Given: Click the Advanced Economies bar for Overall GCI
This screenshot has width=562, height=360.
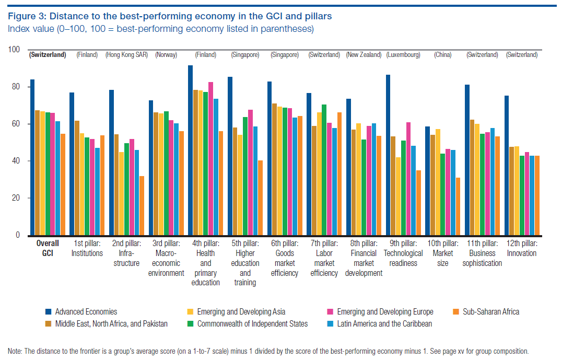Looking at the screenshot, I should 32,157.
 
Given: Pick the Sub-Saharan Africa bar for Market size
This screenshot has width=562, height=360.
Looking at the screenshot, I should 458,206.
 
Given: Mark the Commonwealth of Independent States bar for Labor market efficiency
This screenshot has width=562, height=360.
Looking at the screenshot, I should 324,170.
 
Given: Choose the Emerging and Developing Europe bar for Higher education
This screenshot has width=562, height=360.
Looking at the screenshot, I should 250,172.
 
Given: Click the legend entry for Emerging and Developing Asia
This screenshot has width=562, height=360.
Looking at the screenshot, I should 241,312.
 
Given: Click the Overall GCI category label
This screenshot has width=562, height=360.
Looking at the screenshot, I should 48,248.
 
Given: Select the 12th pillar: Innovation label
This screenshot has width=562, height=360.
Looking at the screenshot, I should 521,248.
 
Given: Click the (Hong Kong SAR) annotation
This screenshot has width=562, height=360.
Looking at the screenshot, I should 126,55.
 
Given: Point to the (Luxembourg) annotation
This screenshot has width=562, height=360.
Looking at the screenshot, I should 403,55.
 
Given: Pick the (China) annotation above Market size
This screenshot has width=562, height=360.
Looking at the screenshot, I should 442,55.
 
